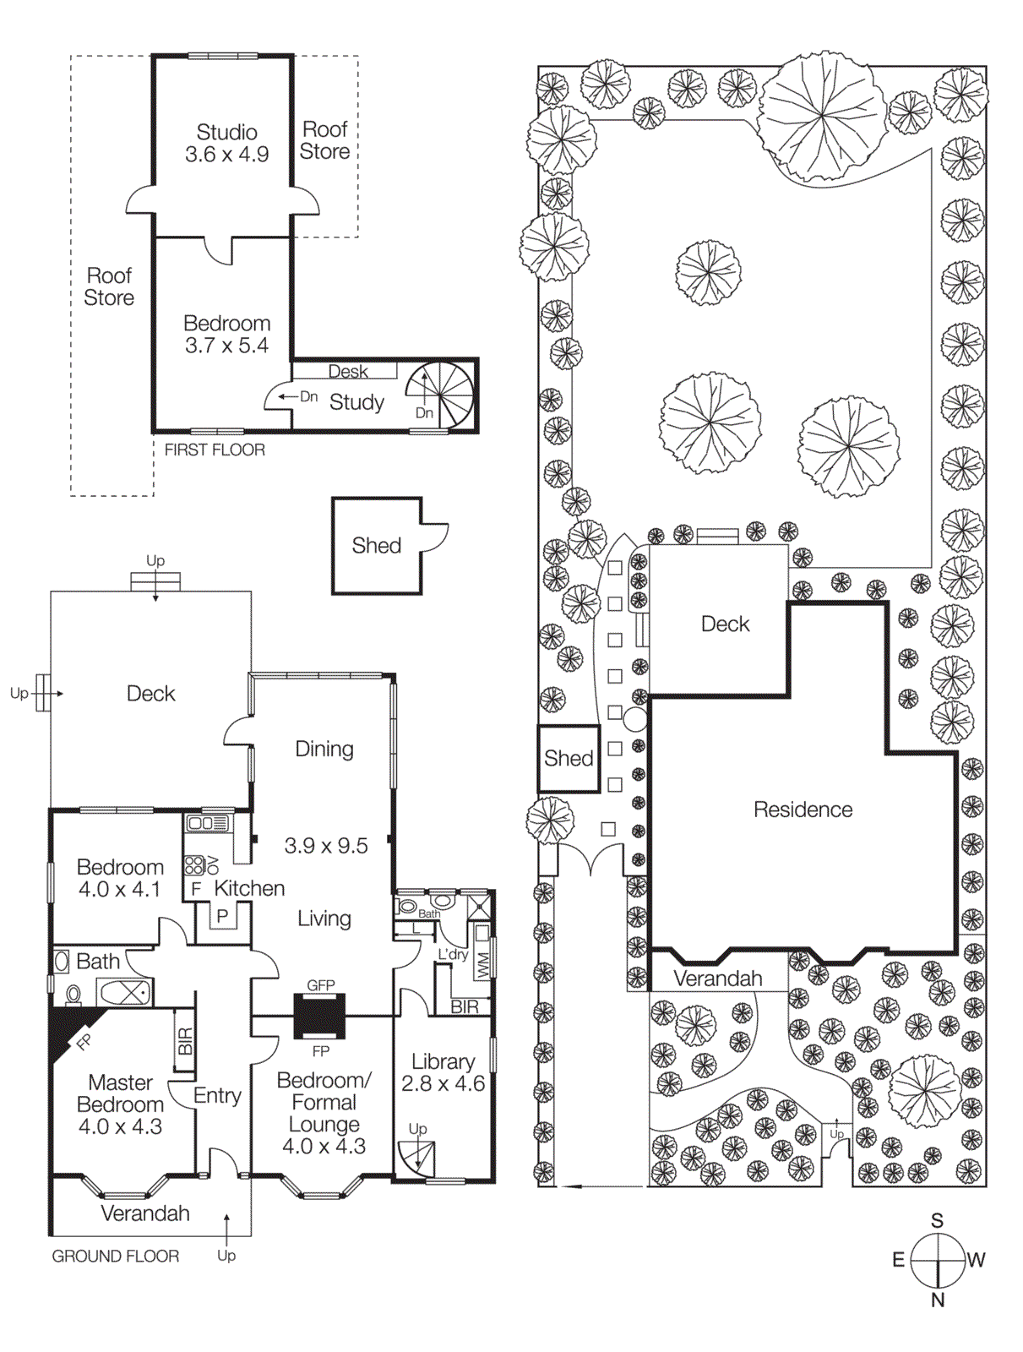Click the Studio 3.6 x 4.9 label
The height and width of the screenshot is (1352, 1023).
pyautogui.click(x=226, y=144)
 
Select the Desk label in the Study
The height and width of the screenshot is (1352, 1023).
pyautogui.click(x=347, y=372)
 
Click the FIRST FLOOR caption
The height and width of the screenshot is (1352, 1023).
pyautogui.click(x=215, y=450)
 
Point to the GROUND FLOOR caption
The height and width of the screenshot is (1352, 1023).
pyautogui.click(x=116, y=1257)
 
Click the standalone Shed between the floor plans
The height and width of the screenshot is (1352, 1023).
pyautogui.click(x=377, y=546)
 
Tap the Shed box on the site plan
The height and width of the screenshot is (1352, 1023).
pyautogui.click(x=569, y=758)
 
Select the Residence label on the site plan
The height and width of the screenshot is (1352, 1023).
pyautogui.click(x=803, y=810)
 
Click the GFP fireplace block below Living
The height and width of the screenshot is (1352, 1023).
pyautogui.click(x=319, y=1016)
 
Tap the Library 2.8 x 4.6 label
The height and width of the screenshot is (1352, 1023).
pyautogui.click(x=443, y=1072)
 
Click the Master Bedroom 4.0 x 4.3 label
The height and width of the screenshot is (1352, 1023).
pyautogui.click(x=120, y=1104)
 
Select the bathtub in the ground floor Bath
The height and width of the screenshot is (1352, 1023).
pyautogui.click(x=124, y=992)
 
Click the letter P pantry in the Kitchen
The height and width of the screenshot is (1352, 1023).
pyautogui.click(x=222, y=916)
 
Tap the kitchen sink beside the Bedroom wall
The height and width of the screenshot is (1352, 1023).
pyautogui.click(x=208, y=822)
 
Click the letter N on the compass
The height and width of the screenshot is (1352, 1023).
pyautogui.click(x=938, y=1300)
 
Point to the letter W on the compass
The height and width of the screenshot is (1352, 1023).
pyautogui.click(x=977, y=1260)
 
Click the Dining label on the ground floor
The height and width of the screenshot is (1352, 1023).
pyautogui.click(x=324, y=750)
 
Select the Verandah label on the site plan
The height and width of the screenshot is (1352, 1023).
pyautogui.click(x=718, y=979)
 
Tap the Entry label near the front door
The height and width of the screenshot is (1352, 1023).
pyautogui.click(x=217, y=1096)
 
